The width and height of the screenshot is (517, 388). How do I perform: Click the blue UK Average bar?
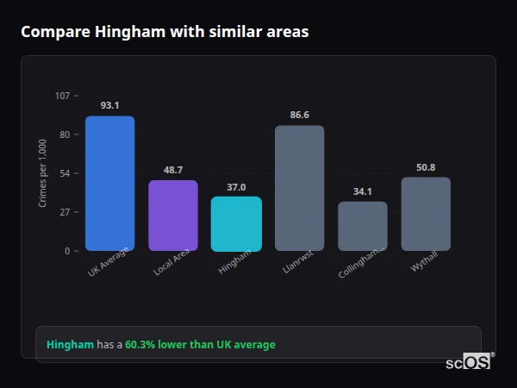(x=109, y=184)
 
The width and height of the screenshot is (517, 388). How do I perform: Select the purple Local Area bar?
(x=173, y=216)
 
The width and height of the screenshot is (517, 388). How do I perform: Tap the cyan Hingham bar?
(x=236, y=224)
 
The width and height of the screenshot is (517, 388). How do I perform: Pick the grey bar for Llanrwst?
(x=299, y=188)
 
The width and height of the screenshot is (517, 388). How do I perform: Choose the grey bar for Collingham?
(x=363, y=226)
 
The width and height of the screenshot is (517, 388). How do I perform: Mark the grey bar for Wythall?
(x=426, y=214)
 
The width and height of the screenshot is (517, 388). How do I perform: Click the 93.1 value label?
(x=109, y=105)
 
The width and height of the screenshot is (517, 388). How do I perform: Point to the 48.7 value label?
(x=173, y=170)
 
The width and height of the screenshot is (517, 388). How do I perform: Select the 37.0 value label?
(x=236, y=186)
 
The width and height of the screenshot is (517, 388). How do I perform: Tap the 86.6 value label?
(x=299, y=115)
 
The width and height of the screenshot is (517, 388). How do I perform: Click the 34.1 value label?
(x=363, y=191)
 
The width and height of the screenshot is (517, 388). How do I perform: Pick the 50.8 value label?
(x=426, y=167)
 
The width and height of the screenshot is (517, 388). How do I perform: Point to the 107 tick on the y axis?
(x=62, y=96)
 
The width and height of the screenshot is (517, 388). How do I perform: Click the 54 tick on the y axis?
(x=65, y=173)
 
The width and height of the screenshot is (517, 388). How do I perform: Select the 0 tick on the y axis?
(x=67, y=251)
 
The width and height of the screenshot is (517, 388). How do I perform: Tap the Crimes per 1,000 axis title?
(x=43, y=173)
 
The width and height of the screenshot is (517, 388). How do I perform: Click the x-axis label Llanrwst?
(x=296, y=263)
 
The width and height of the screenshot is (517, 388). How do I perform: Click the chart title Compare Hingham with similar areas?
(x=165, y=32)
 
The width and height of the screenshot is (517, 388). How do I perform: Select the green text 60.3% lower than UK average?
(x=200, y=345)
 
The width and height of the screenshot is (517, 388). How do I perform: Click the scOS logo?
(x=469, y=362)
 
